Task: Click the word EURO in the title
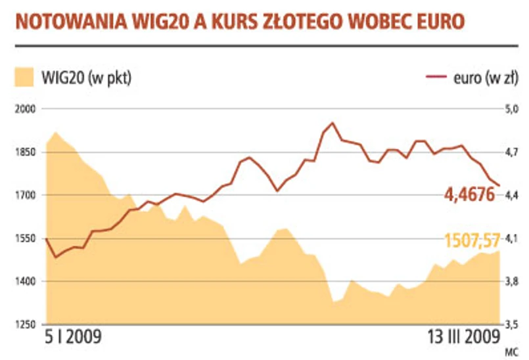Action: [x=435, y=22]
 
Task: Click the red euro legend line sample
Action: [x=437, y=77]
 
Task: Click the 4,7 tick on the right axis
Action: [x=511, y=152]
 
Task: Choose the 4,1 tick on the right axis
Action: [x=511, y=238]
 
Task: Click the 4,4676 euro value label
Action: [x=470, y=194]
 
